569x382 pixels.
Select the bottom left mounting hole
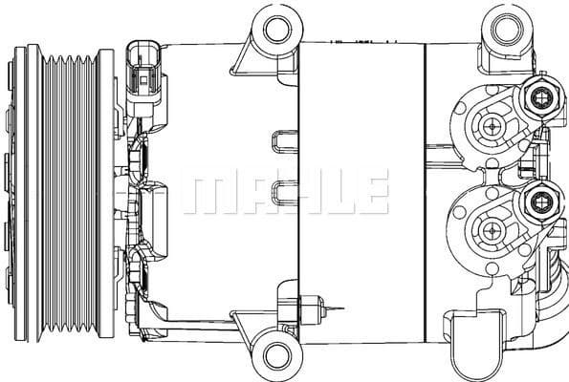pyautogui.click(x=279, y=352)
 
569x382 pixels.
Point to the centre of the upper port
pyautogui.click(x=492, y=125)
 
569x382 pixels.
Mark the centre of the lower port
pyautogui.click(x=492, y=228)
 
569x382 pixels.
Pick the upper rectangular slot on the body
pyautogui.click(x=284, y=140)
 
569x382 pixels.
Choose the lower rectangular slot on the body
pyautogui.click(x=284, y=191)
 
